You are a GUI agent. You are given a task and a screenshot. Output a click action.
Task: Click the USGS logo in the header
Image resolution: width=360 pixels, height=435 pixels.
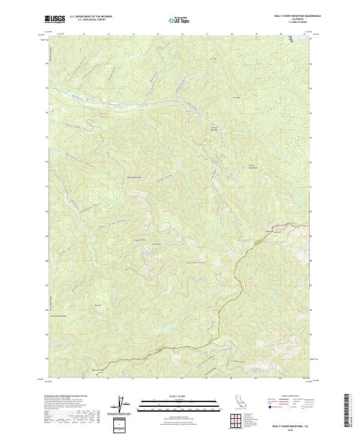coord(55,19)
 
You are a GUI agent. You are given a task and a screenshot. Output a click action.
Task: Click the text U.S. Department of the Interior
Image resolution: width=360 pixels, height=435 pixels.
coord(91,17)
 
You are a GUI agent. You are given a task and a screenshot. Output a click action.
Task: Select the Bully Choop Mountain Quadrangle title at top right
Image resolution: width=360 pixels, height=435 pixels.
coord(290,16)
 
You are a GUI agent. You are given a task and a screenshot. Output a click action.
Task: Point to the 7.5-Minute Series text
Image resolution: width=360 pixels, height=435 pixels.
coord(290,23)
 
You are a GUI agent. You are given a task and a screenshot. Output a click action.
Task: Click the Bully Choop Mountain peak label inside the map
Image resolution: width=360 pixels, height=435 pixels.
coord(252,167)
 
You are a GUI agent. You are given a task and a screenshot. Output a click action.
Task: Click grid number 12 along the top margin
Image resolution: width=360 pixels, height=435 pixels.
coord(83,34)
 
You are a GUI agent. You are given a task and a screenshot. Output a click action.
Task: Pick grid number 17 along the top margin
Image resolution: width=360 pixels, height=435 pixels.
coord(206,34)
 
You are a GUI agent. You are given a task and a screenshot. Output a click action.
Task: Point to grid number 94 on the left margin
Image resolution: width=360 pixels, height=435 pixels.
coord(46,113)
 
